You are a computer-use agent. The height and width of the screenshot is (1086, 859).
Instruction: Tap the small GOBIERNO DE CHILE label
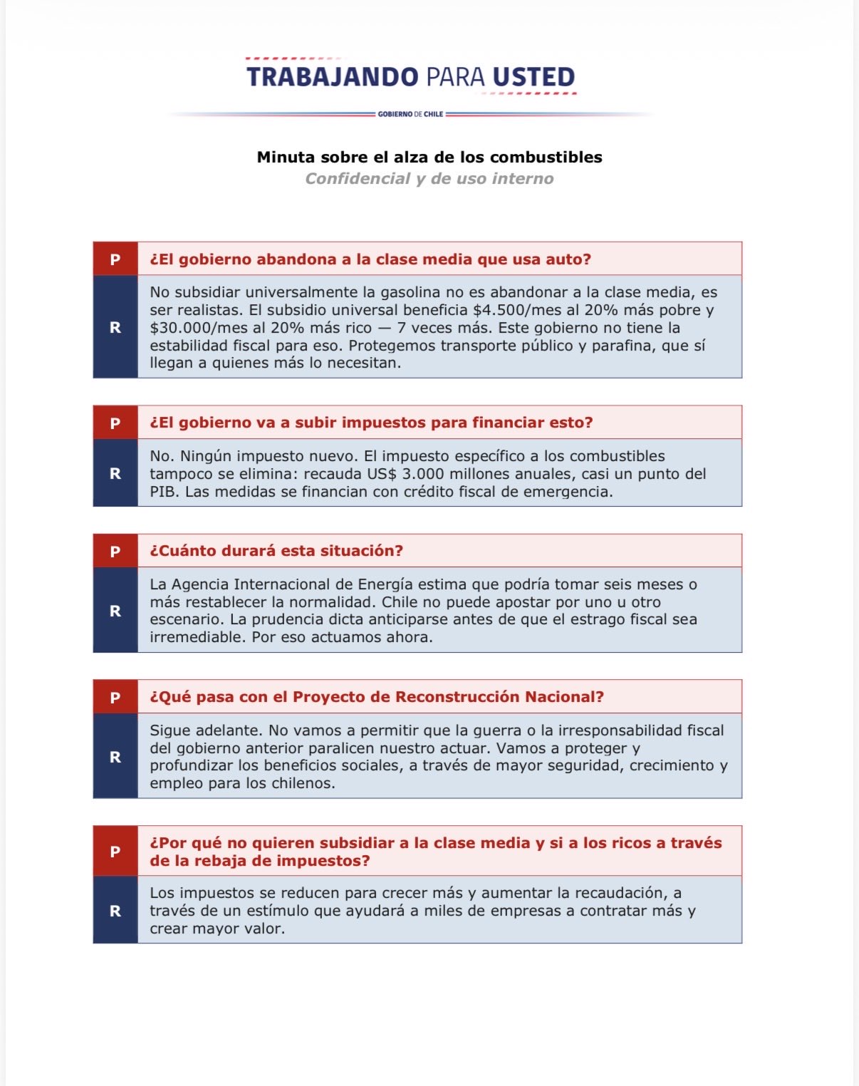pos(410,114)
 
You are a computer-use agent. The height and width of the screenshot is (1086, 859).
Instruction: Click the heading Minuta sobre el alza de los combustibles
pos(429,157)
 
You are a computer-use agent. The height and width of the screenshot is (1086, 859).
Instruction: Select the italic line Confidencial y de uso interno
pos(429,179)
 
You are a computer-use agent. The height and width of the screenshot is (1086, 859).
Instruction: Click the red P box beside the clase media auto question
pos(115,259)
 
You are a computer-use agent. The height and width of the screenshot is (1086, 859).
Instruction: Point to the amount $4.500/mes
pos(514,310)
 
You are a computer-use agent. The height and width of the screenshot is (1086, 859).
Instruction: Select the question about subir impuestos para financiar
pos(371,423)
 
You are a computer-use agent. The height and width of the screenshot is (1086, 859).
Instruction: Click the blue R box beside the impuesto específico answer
pos(115,473)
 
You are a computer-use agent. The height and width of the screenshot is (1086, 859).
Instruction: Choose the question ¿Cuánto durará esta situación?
pos(276,551)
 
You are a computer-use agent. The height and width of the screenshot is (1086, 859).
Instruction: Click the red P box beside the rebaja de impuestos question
pos(115,852)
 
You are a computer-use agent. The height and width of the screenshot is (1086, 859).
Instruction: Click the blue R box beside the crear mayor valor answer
pos(115,911)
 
